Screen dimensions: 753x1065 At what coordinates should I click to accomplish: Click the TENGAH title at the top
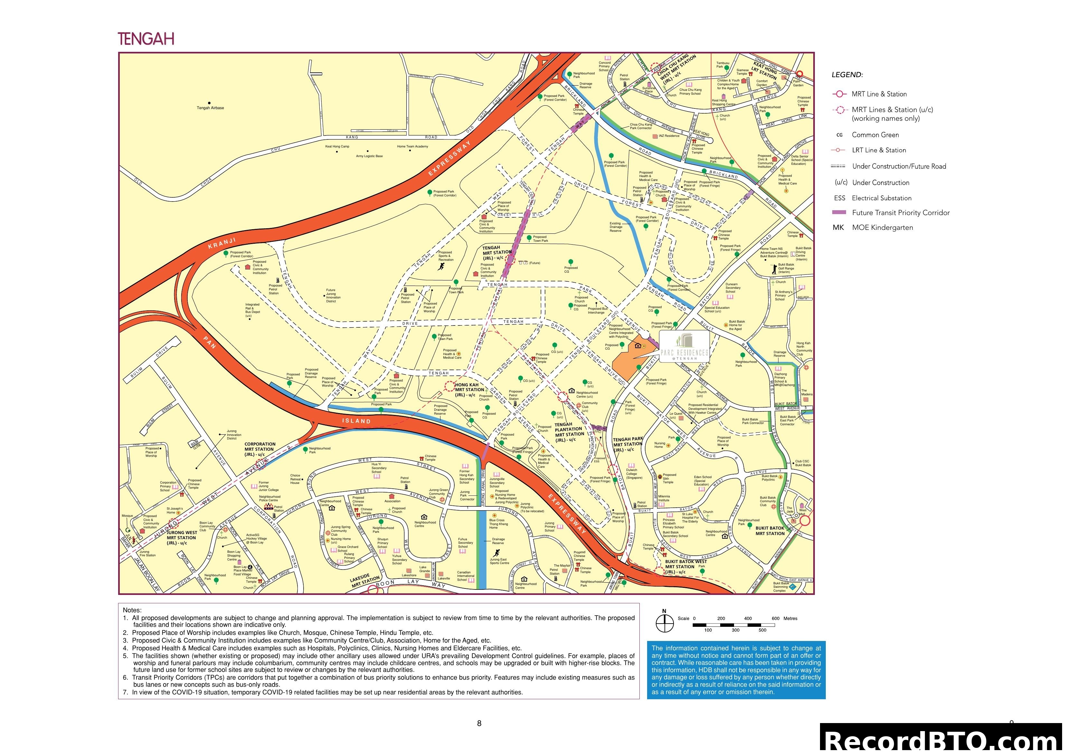(146, 39)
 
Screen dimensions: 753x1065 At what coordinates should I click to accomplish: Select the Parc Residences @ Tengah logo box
(684, 346)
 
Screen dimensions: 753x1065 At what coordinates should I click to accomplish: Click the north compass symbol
(664, 623)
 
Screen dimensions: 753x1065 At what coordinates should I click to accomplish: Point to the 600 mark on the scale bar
(775, 618)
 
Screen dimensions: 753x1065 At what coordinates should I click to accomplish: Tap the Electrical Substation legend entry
(881, 198)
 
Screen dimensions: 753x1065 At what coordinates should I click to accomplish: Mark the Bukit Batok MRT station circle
(805, 521)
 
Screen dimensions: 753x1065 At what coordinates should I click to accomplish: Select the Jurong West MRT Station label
(181, 538)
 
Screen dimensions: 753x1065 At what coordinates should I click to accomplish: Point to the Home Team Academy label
(412, 146)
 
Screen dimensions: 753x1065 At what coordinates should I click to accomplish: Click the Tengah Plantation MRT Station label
(569, 432)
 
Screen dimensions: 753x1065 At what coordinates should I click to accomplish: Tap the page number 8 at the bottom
(479, 723)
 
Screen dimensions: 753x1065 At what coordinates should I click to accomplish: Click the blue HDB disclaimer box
(736, 670)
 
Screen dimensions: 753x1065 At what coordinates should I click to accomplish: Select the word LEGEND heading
(847, 75)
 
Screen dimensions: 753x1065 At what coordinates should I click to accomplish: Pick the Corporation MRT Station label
(260, 449)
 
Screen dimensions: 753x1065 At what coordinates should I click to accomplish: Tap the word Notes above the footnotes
(132, 610)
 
